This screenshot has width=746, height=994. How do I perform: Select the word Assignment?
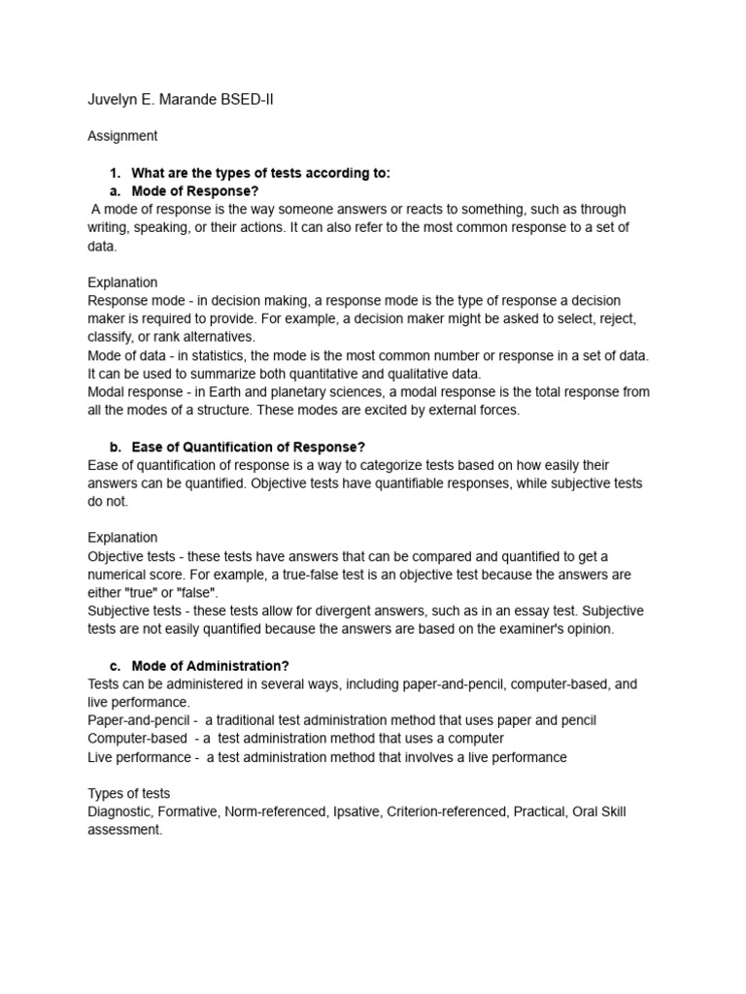point(122,136)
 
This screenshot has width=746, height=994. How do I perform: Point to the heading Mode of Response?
point(194,191)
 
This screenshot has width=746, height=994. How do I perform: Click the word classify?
point(112,337)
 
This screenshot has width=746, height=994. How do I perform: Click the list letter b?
point(115,447)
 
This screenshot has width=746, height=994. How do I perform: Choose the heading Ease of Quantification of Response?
point(248,447)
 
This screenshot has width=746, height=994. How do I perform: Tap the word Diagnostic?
point(122,812)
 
